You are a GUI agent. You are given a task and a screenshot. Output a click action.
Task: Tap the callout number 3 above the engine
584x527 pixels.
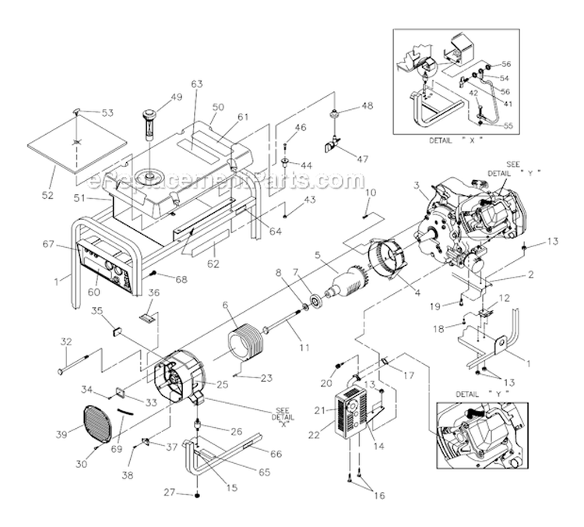417,185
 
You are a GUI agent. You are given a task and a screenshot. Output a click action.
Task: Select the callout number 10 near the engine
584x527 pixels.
371,192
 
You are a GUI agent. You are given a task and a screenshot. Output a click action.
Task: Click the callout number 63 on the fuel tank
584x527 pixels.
195,84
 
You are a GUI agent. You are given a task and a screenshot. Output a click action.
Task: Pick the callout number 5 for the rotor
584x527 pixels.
318,254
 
